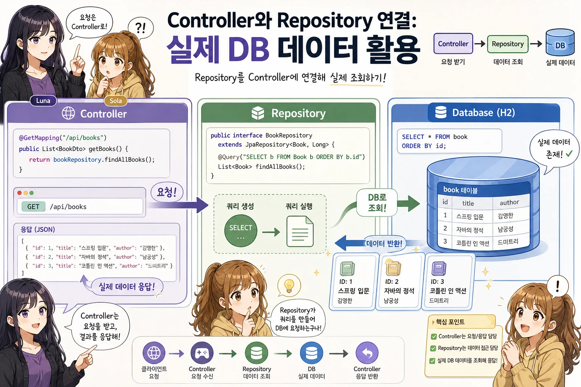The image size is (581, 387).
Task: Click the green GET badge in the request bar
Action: [x=33, y=207]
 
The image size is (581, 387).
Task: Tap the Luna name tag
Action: [x=43, y=101]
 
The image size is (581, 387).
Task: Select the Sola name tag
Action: [x=116, y=101]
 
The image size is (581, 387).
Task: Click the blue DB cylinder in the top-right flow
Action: [x=560, y=42]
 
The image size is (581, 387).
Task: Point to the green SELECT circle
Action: [x=241, y=231]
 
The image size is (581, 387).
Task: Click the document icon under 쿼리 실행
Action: [x=300, y=231]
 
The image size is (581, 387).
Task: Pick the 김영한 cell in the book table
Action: [x=505, y=216]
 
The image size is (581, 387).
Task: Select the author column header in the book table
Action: [x=509, y=202]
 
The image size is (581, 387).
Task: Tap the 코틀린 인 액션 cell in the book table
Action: [x=472, y=243]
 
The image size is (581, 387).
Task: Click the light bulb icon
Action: [x=289, y=285]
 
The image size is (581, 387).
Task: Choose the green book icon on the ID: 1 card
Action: [x=347, y=269]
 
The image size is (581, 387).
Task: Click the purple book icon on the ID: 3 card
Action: [x=439, y=269]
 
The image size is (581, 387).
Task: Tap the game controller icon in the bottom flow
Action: [x=202, y=353]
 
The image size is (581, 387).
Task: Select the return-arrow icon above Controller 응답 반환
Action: [x=367, y=353]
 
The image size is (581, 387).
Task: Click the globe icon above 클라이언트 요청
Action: [x=154, y=353]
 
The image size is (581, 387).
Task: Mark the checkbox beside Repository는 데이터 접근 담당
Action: [x=433, y=348]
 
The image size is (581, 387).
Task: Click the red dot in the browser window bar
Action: [x=19, y=193]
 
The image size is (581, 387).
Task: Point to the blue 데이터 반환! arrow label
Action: [x=384, y=243]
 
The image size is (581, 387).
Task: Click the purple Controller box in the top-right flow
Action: [x=453, y=43]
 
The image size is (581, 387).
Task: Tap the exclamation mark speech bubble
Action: [x=558, y=286]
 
